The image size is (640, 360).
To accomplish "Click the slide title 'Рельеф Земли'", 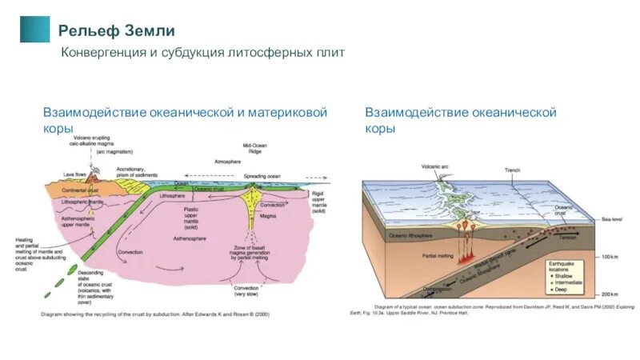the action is [x=116, y=31].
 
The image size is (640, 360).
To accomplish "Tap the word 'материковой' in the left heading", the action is [x=288, y=113].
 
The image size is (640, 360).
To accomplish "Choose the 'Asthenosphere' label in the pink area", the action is [x=190, y=238].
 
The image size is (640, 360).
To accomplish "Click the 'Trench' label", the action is [x=512, y=170].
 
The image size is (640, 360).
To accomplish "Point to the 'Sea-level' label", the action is [x=612, y=218].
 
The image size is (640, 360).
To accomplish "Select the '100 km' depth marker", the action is [x=610, y=256].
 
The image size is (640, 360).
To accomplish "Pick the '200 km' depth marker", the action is [x=610, y=294].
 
